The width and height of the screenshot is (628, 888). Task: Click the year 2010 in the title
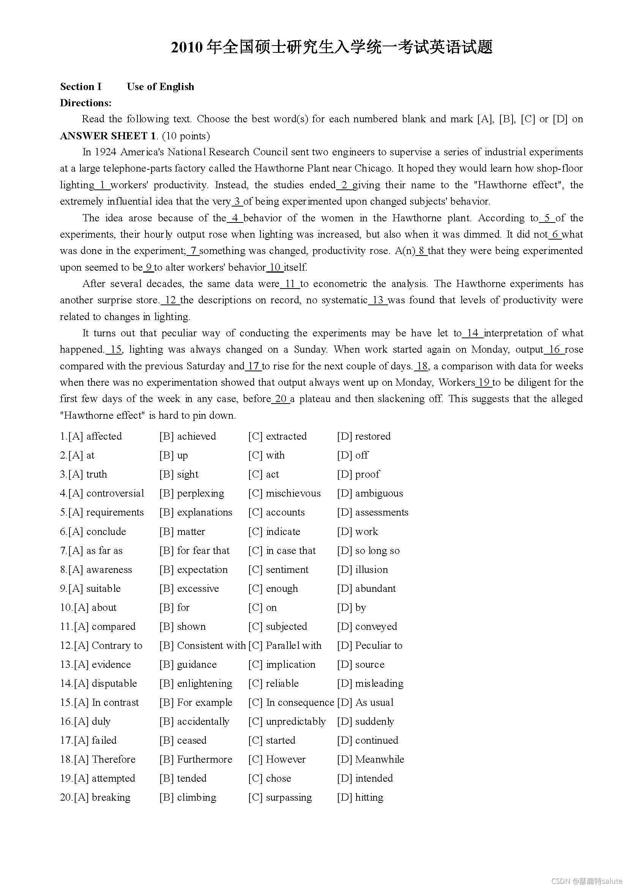point(187,47)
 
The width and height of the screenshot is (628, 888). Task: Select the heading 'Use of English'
point(160,87)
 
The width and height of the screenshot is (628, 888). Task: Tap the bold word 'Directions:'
point(85,103)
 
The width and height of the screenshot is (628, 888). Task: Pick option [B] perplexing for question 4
point(192,493)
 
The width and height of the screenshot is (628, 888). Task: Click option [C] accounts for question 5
point(276,512)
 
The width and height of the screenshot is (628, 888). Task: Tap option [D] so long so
point(369,550)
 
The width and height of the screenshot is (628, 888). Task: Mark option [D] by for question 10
point(352,607)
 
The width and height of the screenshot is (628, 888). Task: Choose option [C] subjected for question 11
point(278,626)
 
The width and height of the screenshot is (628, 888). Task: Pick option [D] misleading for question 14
point(370,683)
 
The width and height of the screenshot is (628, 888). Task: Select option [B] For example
point(196,702)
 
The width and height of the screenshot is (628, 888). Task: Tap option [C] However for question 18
point(277,759)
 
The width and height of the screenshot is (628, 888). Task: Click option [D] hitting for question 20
point(360,798)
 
